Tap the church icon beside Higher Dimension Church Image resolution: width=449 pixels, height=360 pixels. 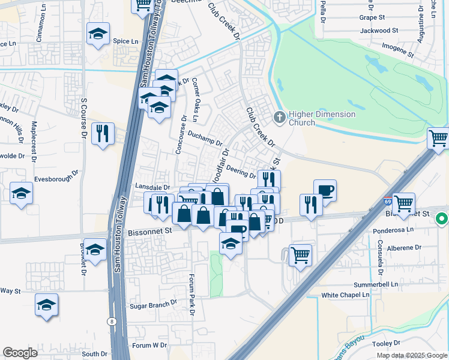click(x=279, y=116)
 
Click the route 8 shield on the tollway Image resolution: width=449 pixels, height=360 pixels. click(x=112, y=322)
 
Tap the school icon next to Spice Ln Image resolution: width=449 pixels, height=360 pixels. click(x=98, y=35)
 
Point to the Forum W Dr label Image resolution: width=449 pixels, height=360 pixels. click(x=150, y=345)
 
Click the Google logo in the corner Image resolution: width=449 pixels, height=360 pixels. click(x=20, y=353)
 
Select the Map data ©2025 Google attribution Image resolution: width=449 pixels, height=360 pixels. click(x=411, y=355)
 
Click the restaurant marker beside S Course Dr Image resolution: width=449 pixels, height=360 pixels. click(x=103, y=133)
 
